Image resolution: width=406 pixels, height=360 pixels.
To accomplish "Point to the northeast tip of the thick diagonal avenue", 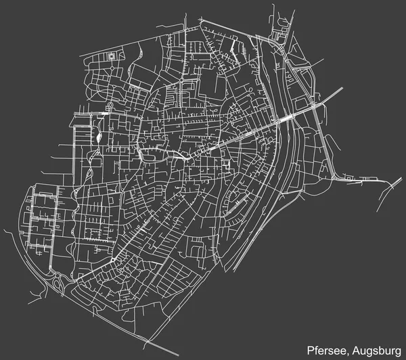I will pos(342,88).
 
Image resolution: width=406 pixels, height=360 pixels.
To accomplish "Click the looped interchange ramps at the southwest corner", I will pos(57,283).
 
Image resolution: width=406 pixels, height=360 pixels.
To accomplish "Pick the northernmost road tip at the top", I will pos(273,5).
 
